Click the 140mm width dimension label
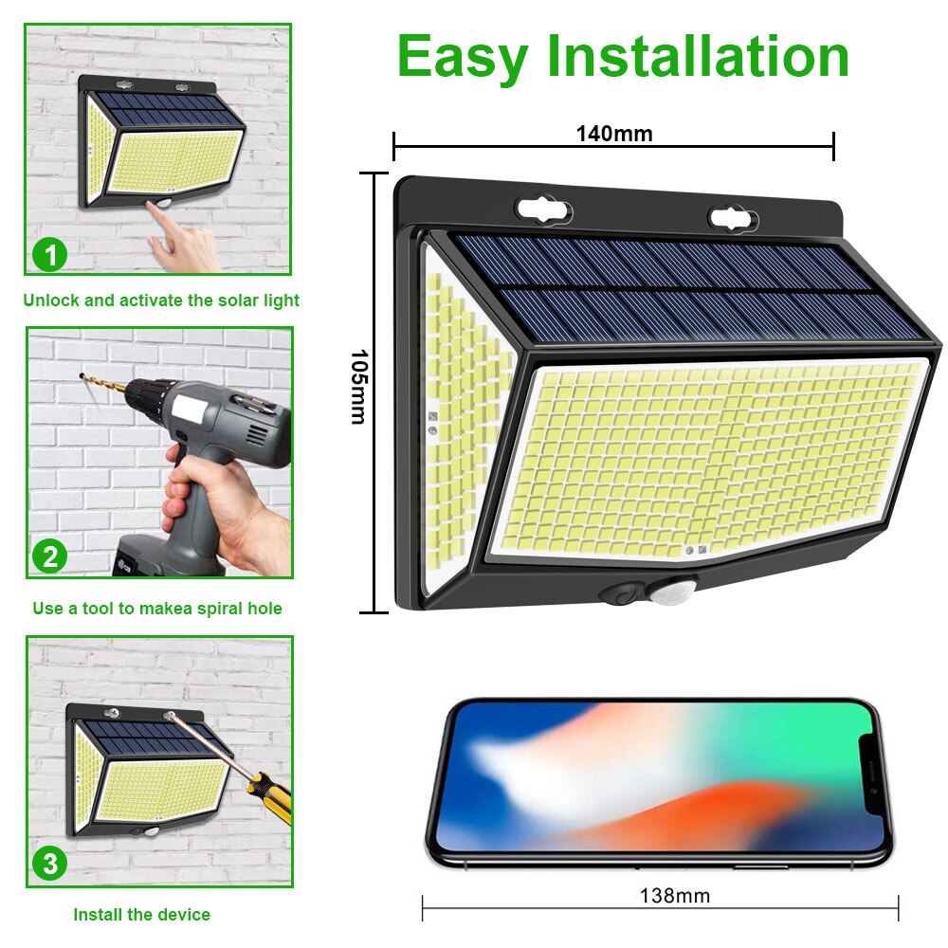coord(613,134)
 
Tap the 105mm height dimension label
coord(359,387)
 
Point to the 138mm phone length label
coord(675,896)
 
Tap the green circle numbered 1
coord(50,254)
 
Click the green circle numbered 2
coord(50,556)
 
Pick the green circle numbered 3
coord(50,864)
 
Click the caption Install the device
coord(141,915)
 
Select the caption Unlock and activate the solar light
coord(161,301)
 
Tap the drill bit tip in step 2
coord(82,377)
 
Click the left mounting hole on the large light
coord(543,211)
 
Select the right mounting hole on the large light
coord(734,219)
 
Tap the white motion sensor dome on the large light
coord(671,592)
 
